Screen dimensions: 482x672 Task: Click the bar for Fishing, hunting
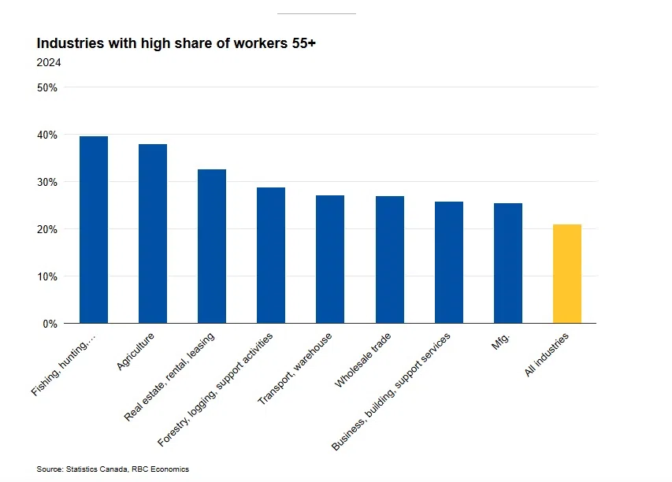click(94, 230)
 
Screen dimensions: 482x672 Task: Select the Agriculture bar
click(153, 234)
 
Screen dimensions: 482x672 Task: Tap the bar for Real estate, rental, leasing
click(212, 247)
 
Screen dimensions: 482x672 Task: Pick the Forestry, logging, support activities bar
click(271, 255)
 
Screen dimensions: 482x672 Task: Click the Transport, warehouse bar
click(330, 259)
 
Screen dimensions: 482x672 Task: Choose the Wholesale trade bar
click(390, 260)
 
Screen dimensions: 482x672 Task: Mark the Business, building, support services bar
click(449, 262)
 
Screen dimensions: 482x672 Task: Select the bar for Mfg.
click(508, 263)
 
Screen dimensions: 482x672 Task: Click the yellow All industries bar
click(567, 274)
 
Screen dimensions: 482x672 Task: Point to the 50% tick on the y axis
click(47, 87)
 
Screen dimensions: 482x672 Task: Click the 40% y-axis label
click(47, 135)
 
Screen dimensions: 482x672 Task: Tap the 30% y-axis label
click(47, 182)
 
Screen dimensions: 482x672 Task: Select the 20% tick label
click(47, 229)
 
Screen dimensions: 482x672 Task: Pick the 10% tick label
click(47, 276)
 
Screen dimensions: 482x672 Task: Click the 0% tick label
click(50, 324)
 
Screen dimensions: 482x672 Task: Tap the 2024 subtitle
click(49, 62)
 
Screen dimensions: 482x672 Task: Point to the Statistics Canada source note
click(113, 469)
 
